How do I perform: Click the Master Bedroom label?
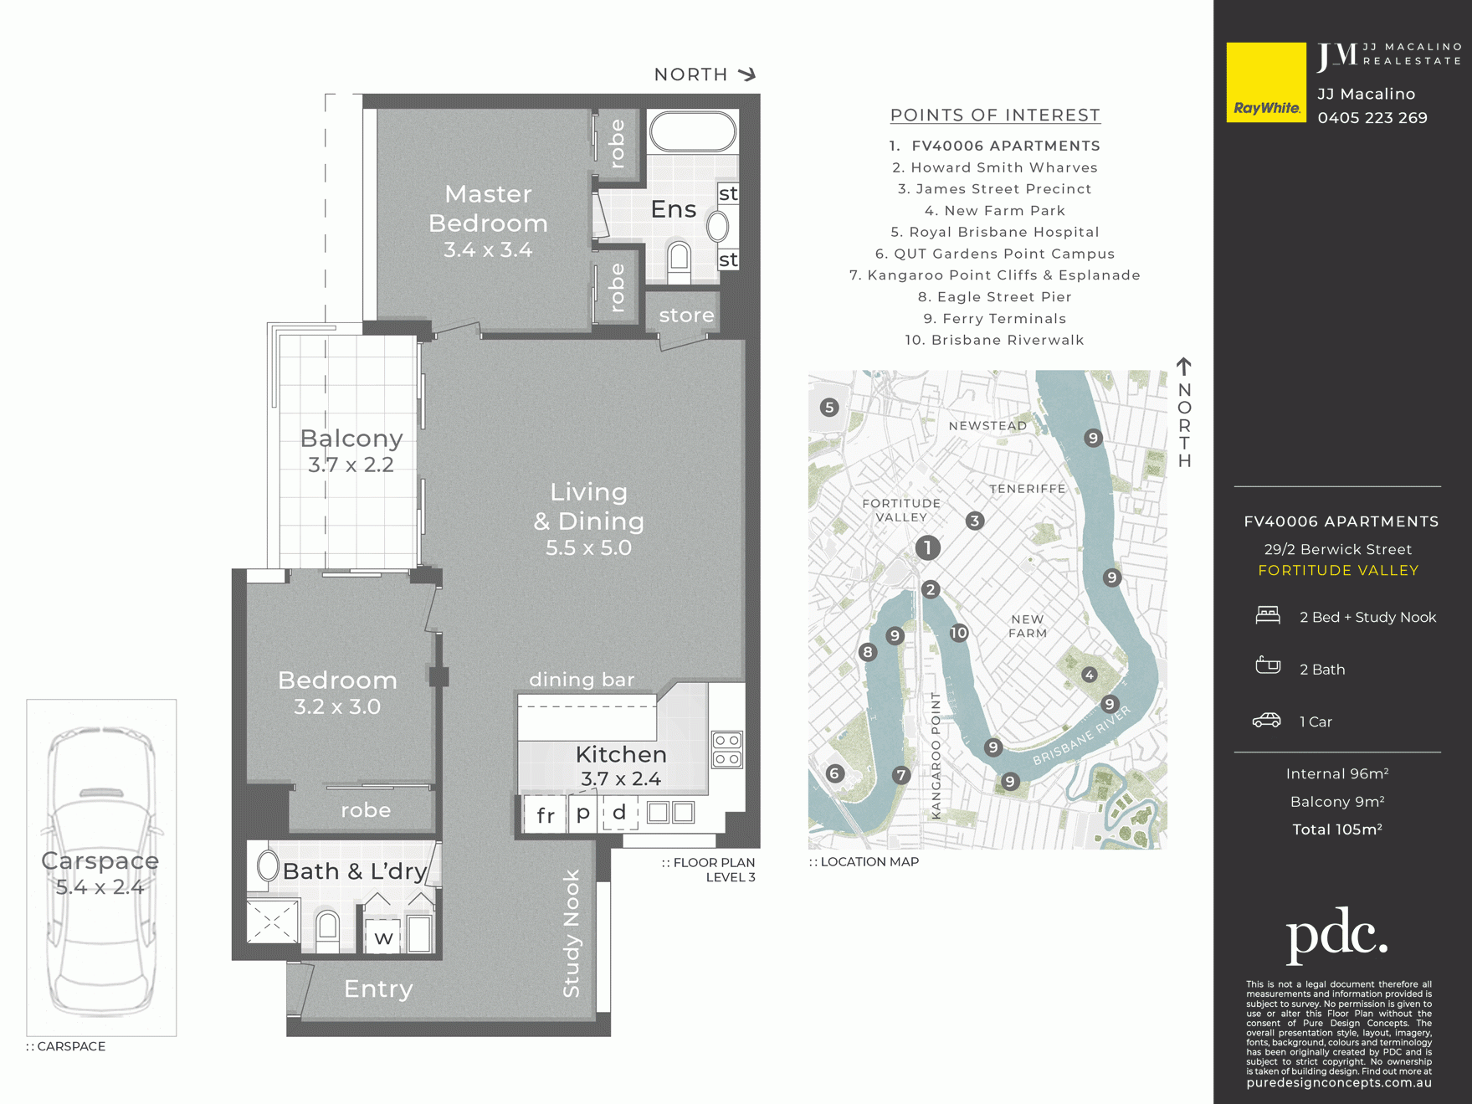tap(488, 208)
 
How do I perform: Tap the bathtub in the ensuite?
tap(693, 131)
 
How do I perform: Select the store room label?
tap(686, 315)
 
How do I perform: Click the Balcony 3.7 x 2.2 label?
tap(351, 450)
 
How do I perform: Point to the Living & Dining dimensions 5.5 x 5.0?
tap(588, 547)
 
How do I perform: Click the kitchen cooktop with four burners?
tap(726, 749)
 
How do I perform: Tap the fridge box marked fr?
tap(545, 814)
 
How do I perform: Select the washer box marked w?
tap(384, 936)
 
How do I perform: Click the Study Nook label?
tap(572, 933)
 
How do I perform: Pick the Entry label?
tap(378, 988)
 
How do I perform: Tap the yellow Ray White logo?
tap(1266, 82)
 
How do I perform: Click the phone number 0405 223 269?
tap(1372, 118)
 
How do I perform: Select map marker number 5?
tap(829, 408)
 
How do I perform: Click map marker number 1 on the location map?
tap(927, 548)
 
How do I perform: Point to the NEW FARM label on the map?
tap(1028, 626)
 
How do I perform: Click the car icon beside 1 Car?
tap(1267, 721)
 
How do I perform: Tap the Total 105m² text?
tap(1337, 829)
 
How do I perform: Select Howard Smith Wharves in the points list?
tap(995, 167)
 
